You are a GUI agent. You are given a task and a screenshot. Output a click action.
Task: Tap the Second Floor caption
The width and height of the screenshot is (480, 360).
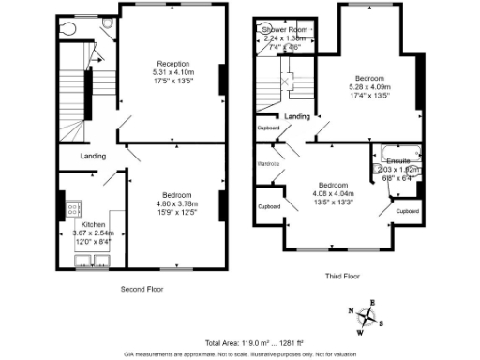pos(142,290)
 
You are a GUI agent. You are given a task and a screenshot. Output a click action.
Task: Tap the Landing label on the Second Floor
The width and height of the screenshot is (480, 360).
pos(93,156)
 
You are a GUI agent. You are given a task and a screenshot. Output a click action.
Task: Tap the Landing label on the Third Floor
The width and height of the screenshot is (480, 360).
pos(298,116)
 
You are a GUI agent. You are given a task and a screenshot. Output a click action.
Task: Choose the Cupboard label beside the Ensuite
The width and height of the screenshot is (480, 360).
pos(407,211)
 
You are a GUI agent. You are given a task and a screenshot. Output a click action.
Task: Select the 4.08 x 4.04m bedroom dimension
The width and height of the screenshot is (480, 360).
pos(334,194)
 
